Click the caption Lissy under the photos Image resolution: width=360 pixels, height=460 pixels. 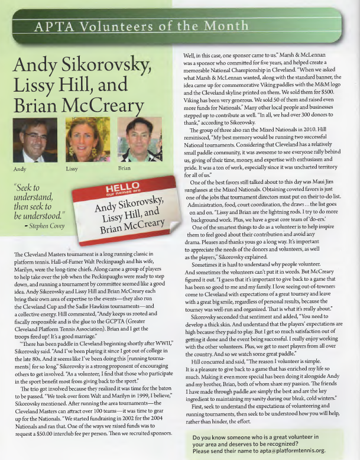point(73,169)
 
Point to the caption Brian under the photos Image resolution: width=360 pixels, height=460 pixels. point(125,169)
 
